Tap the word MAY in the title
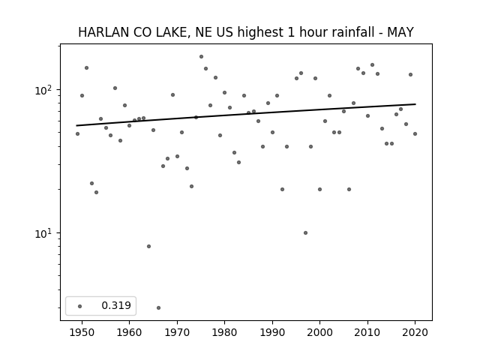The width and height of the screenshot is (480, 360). coord(400,32)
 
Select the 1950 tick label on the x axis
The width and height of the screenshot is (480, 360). coord(82,332)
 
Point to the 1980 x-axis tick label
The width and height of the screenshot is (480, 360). coord(224,332)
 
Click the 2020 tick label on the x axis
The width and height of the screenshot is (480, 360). coord(415,332)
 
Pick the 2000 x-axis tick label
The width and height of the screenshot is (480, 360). coord(320,332)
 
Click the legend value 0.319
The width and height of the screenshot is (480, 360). coord(116,305)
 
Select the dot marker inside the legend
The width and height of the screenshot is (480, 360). coord(80,306)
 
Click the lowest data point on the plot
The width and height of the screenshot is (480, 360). coord(158,307)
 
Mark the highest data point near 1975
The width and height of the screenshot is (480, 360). coord(201,57)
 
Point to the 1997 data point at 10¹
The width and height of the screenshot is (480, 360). coord(305,233)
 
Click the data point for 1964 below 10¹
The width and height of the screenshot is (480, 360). coord(148,247)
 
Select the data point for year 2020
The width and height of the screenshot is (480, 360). coord(415,133)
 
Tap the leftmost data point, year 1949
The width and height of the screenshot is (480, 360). coord(77,133)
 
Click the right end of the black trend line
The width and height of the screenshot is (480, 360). coord(415,104)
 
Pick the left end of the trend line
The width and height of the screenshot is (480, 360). coord(76,125)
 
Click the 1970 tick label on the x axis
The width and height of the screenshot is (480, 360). coord(177,332)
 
